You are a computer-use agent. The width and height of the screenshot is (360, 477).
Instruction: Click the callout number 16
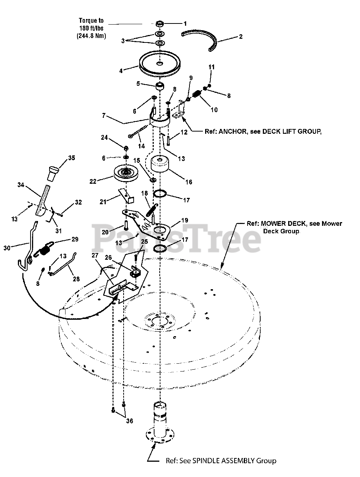[189, 182]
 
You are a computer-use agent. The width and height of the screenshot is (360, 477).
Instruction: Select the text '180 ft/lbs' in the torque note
[91, 29]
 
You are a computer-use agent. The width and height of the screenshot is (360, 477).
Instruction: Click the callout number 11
[211, 67]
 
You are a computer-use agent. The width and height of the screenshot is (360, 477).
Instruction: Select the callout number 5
[138, 83]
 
